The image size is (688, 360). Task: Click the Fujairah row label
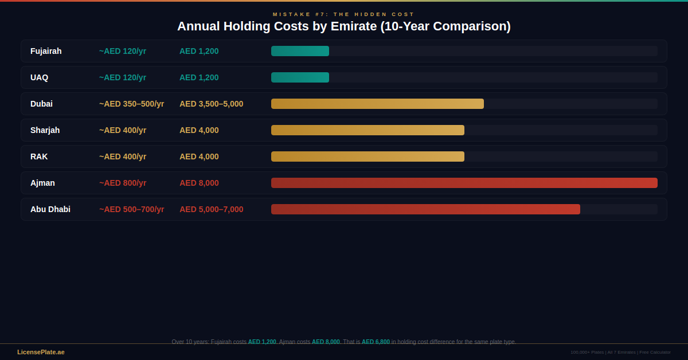46,51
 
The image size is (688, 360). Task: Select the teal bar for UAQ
300,77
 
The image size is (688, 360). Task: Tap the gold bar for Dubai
377,104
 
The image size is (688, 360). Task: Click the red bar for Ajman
464,183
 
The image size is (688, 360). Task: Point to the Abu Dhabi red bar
425,209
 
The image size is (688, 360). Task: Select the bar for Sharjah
368,130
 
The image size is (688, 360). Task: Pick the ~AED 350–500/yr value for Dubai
131,104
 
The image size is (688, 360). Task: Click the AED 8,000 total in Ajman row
199,183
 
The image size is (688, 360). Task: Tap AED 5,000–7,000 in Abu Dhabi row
211,209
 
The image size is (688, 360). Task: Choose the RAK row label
39,156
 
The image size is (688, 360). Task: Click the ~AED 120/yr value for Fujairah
122,51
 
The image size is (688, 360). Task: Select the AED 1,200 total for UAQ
199,77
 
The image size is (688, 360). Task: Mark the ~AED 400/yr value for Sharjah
122,130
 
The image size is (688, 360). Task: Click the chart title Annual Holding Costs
343,26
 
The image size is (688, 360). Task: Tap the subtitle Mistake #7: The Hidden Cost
343,14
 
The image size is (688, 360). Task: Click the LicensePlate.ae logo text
41,352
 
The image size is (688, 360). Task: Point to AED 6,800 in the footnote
376,342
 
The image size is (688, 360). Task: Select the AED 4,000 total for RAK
199,156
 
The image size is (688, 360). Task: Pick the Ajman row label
42,183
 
